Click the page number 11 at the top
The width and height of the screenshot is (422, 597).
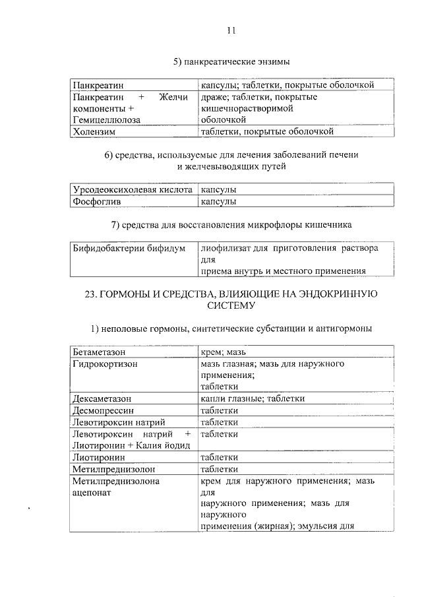coord(230,30)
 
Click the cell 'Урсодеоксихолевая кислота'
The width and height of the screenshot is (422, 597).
coord(131,190)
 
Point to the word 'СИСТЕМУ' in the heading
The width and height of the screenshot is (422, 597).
coord(229,305)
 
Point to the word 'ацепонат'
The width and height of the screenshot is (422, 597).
coord(92,491)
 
